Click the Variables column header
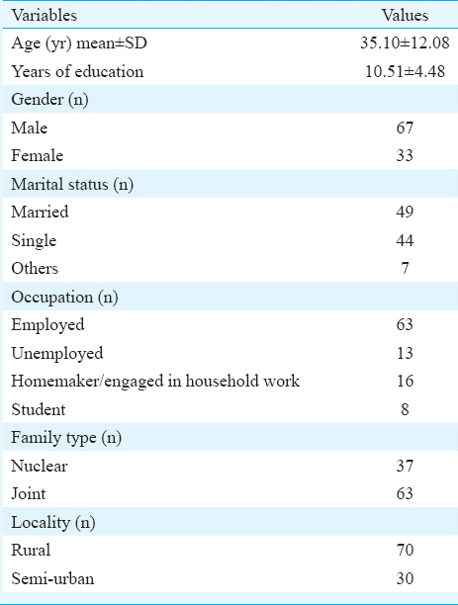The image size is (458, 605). pos(45,16)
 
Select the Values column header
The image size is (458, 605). pos(405,16)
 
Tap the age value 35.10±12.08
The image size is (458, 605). pos(405,43)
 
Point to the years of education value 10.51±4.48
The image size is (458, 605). pos(405,71)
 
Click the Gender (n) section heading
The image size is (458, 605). pos(49,100)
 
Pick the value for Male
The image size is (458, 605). pos(405,128)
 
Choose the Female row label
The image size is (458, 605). pos(37,155)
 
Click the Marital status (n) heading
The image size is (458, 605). pos(72,184)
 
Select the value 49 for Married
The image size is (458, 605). pos(405,212)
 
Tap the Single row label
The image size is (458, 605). pos(34,241)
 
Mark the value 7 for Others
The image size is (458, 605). pos(405,268)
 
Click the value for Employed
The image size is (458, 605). pos(405,324)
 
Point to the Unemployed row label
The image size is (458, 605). pos(57,354)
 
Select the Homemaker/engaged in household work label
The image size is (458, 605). pos(155,382)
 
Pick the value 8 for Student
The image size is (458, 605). pos(405,409)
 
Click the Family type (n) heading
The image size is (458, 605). pos(66,438)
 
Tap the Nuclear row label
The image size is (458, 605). pos(40,466)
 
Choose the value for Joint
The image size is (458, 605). pos(405,493)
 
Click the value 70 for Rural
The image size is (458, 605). pos(405,550)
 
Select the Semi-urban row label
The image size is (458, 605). pos(52,578)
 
